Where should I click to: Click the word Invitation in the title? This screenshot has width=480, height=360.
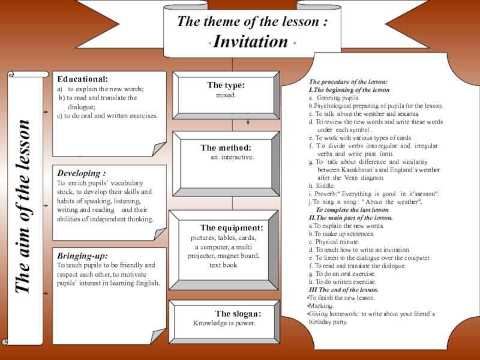[251, 41]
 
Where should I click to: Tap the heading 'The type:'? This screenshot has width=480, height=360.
[226, 86]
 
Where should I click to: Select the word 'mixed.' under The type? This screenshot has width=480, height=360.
[226, 95]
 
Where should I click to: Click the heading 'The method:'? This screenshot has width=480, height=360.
[226, 148]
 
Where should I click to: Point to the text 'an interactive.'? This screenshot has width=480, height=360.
[232, 157]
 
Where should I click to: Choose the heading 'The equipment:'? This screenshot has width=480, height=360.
[232, 228]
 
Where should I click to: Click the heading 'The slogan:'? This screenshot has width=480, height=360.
[238, 314]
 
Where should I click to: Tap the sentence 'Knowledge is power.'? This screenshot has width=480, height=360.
[224, 323]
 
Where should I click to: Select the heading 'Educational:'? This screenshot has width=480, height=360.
[83, 79]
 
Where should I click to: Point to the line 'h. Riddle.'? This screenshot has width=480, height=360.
[322, 186]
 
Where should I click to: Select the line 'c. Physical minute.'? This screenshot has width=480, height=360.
[334, 242]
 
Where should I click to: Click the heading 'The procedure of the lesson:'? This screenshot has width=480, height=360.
[348, 82]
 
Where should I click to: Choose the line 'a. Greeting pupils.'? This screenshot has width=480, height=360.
[334, 97]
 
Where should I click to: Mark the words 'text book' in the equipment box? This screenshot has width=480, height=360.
[223, 265]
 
